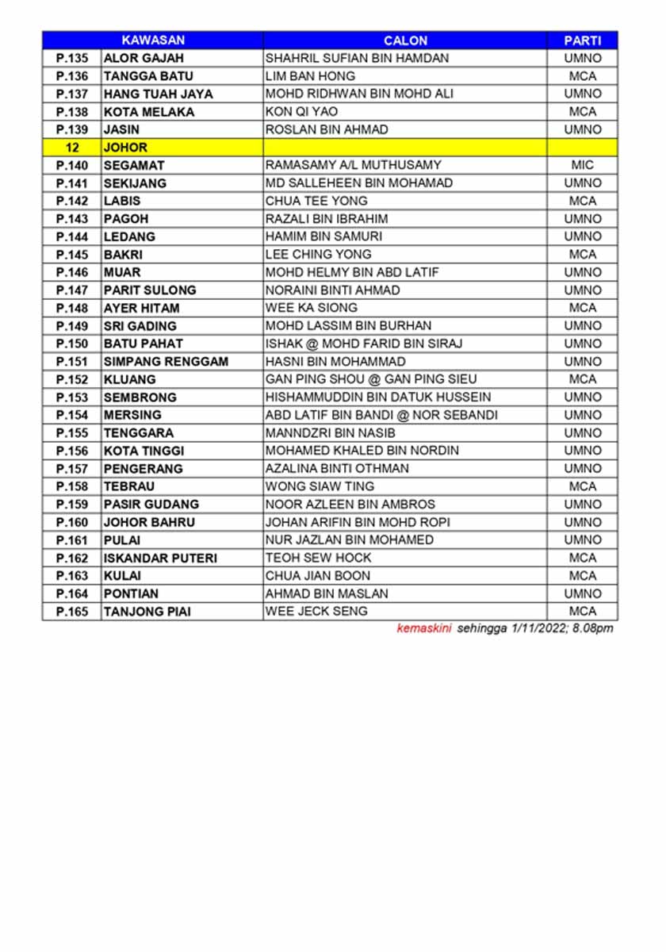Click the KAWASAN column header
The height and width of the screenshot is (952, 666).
click(x=153, y=40)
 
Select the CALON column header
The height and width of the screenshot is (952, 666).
click(x=405, y=40)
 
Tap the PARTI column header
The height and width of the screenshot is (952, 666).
click(x=582, y=40)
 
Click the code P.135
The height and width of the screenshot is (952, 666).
click(x=72, y=58)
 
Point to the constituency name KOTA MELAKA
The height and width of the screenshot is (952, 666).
click(x=149, y=112)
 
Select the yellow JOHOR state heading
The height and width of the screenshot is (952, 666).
click(x=125, y=148)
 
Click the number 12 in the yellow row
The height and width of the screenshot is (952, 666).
click(x=72, y=148)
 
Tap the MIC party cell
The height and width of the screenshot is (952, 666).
click(x=582, y=165)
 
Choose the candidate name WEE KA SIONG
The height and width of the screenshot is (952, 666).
click(x=312, y=308)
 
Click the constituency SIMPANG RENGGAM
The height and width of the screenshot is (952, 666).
click(x=166, y=362)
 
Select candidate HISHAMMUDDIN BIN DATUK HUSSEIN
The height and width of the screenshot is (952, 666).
click(x=378, y=397)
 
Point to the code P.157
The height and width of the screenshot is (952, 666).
click(x=72, y=469)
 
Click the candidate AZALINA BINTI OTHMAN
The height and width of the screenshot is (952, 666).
click(x=337, y=469)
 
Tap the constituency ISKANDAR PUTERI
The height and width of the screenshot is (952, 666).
click(x=160, y=558)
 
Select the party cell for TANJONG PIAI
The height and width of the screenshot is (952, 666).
click(x=582, y=612)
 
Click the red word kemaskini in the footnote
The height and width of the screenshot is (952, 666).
click(x=424, y=629)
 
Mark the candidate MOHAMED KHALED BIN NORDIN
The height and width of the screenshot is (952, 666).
click(x=362, y=451)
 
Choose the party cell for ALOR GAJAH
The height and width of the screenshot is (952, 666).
click(x=582, y=58)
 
